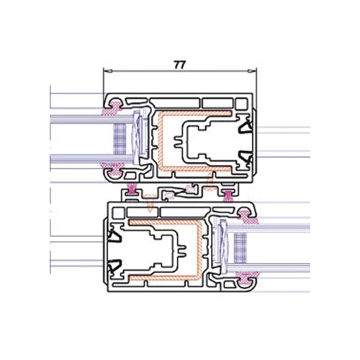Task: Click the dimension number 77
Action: pyautogui.click(x=179, y=65)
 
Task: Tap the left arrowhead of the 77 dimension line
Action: pyautogui.click(x=108, y=71)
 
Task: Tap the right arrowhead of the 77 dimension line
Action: pyautogui.click(x=252, y=71)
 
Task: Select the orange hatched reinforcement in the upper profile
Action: pyautogui.click(x=161, y=140)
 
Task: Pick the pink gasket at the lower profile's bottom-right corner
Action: pyautogui.click(x=247, y=278)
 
